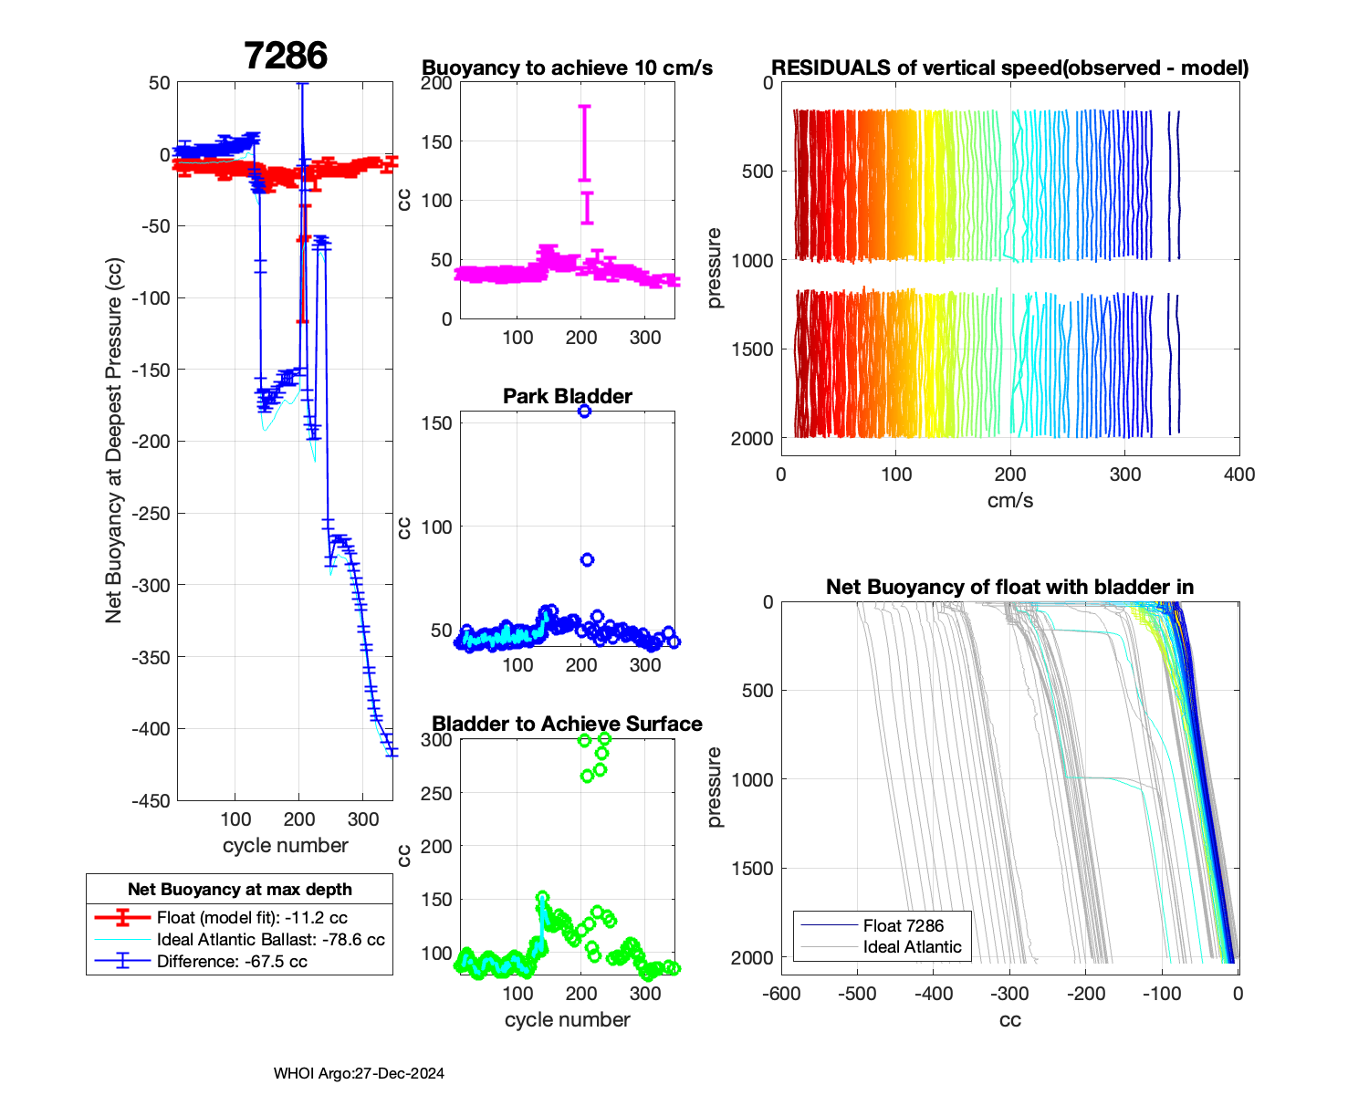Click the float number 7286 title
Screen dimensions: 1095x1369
click(x=286, y=57)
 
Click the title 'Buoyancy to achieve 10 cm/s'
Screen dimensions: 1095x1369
click(x=567, y=68)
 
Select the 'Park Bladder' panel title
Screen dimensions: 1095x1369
click(x=567, y=396)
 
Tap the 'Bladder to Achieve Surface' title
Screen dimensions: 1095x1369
click(x=567, y=724)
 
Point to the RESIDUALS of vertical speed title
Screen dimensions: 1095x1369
click(x=1009, y=68)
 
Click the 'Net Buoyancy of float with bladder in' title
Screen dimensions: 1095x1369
click(x=1009, y=587)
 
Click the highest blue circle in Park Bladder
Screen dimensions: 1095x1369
click(x=584, y=412)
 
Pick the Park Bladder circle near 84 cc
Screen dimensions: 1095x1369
click(x=588, y=559)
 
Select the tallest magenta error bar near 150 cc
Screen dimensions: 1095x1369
click(x=584, y=142)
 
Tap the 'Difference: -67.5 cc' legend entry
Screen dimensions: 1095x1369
click(x=232, y=962)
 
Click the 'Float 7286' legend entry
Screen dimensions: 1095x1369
click(x=903, y=925)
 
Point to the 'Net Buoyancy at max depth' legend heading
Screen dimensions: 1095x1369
click(x=239, y=890)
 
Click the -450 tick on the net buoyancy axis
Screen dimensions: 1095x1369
click(x=153, y=800)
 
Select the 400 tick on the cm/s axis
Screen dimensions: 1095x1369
click(x=1239, y=474)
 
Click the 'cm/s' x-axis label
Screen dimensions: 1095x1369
click(x=1009, y=500)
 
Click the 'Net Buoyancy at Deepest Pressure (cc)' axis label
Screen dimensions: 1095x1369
click(x=114, y=441)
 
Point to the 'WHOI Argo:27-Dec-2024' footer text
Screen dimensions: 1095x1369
click(x=359, y=1073)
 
